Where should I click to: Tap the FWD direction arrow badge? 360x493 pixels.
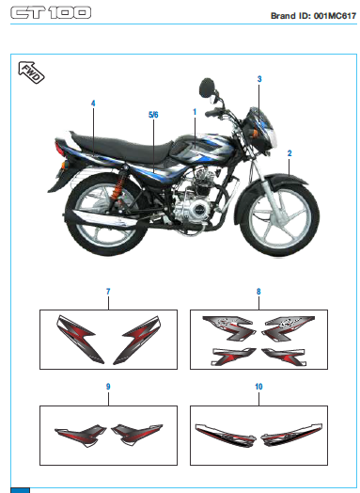pyautogui.click(x=28, y=72)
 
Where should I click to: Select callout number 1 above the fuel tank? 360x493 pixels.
pyautogui.click(x=194, y=112)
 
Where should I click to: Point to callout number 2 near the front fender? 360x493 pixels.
pyautogui.click(x=290, y=152)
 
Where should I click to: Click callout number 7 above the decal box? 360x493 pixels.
pyautogui.click(x=108, y=293)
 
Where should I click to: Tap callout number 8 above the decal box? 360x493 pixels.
pyautogui.click(x=258, y=293)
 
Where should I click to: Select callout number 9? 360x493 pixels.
pyautogui.click(x=108, y=387)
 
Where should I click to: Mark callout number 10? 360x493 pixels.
pyautogui.click(x=258, y=387)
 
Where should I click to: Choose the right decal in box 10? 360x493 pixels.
pyautogui.click(x=287, y=435)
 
